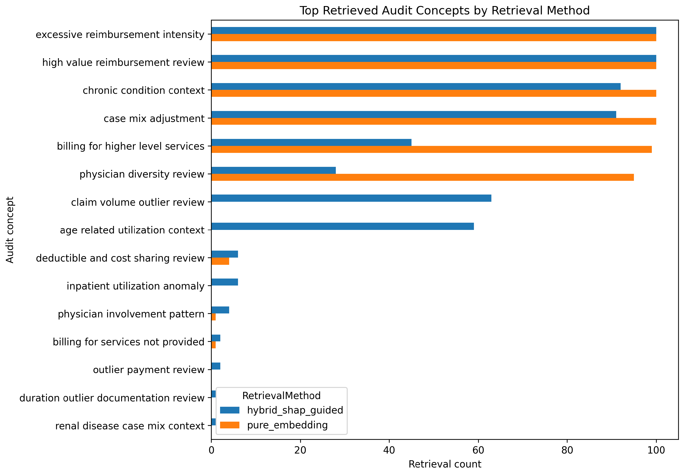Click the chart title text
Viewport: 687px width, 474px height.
(445, 10)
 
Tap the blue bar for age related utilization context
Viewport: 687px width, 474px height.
(343, 226)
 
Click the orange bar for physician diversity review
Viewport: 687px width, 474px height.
(422, 177)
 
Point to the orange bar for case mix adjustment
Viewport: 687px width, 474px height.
(434, 121)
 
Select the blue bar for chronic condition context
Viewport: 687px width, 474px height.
(416, 86)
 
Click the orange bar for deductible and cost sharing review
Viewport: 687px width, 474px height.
(220, 261)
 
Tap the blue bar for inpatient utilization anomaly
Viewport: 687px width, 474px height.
(225, 282)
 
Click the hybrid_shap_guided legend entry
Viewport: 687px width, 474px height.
(281, 410)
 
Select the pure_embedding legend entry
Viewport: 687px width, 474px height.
(274, 425)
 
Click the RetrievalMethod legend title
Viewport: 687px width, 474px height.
(281, 396)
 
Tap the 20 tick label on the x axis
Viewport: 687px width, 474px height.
(300, 450)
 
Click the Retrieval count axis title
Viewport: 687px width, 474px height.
(445, 464)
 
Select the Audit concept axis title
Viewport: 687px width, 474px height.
(10, 230)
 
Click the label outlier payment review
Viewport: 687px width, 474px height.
(149, 370)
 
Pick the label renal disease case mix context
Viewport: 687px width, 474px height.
(130, 426)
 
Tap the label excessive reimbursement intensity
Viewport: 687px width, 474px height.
(120, 34)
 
